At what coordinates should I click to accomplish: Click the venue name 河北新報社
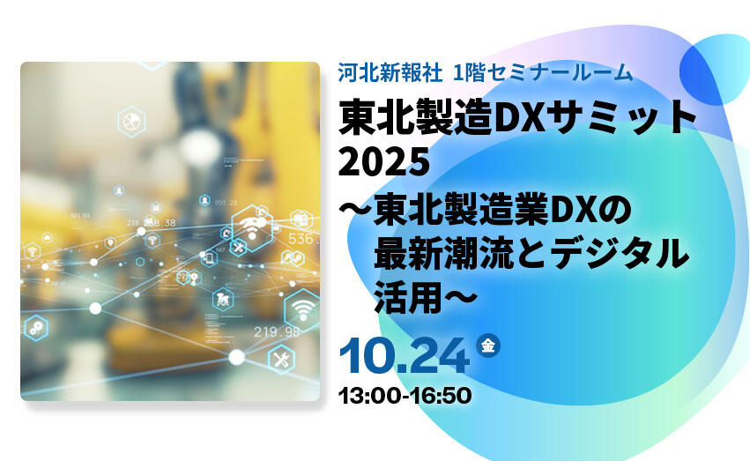tap(390, 72)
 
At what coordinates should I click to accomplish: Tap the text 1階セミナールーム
tap(543, 72)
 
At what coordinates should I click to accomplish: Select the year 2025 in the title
tap(384, 161)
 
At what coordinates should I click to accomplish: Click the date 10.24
tap(405, 356)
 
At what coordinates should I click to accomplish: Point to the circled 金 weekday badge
tap(488, 345)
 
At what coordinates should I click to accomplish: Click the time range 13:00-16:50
tap(405, 396)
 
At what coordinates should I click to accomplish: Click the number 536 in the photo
tap(301, 238)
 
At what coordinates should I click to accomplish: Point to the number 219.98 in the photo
tap(277, 331)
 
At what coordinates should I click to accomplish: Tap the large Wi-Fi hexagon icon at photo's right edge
tap(301, 309)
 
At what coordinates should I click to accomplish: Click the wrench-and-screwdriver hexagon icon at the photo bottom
tap(281, 359)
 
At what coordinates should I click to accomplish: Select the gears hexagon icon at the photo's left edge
tap(36, 328)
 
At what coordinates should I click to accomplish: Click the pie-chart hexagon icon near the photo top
tap(131, 122)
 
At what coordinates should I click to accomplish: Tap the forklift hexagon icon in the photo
tap(223, 300)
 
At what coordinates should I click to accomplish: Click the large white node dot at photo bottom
tap(236, 357)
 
